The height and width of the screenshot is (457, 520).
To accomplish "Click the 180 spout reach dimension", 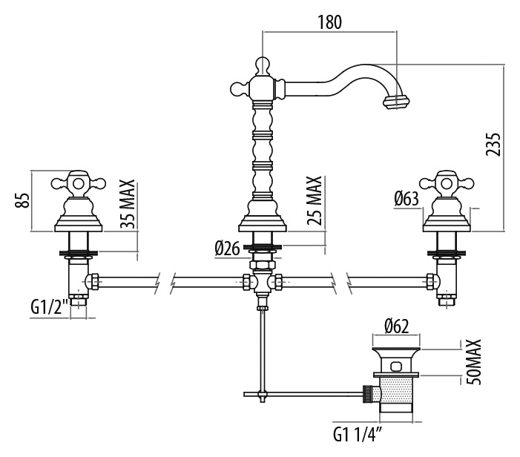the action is click(x=329, y=22).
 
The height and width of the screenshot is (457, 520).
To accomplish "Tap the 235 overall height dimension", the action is click(x=493, y=144).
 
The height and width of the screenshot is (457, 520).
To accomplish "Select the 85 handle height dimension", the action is click(x=23, y=200).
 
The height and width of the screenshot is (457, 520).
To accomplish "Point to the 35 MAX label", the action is click(x=128, y=204).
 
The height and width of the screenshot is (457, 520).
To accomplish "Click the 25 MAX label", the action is click(x=315, y=200).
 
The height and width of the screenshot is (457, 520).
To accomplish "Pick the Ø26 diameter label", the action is click(x=227, y=249).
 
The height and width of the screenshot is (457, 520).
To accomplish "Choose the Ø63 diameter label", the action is click(x=407, y=199).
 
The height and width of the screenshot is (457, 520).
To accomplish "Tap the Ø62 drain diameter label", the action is click(x=397, y=326).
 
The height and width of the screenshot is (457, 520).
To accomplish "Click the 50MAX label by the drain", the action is click(x=473, y=362).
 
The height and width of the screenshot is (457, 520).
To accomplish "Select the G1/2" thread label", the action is click(x=50, y=307).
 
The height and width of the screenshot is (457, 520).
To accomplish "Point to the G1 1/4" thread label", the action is click(x=358, y=435).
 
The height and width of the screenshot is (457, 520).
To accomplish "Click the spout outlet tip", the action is click(x=396, y=102).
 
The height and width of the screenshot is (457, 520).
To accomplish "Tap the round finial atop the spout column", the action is click(x=263, y=65).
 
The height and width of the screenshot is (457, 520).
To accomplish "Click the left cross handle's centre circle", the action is click(x=79, y=183).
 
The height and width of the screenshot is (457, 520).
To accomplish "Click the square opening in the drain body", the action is click(x=395, y=366).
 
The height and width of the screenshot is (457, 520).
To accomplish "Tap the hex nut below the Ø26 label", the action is click(x=263, y=265).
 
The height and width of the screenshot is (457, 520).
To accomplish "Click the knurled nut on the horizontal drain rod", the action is click(x=367, y=394).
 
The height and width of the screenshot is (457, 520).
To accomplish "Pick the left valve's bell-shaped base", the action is click(x=79, y=214).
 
